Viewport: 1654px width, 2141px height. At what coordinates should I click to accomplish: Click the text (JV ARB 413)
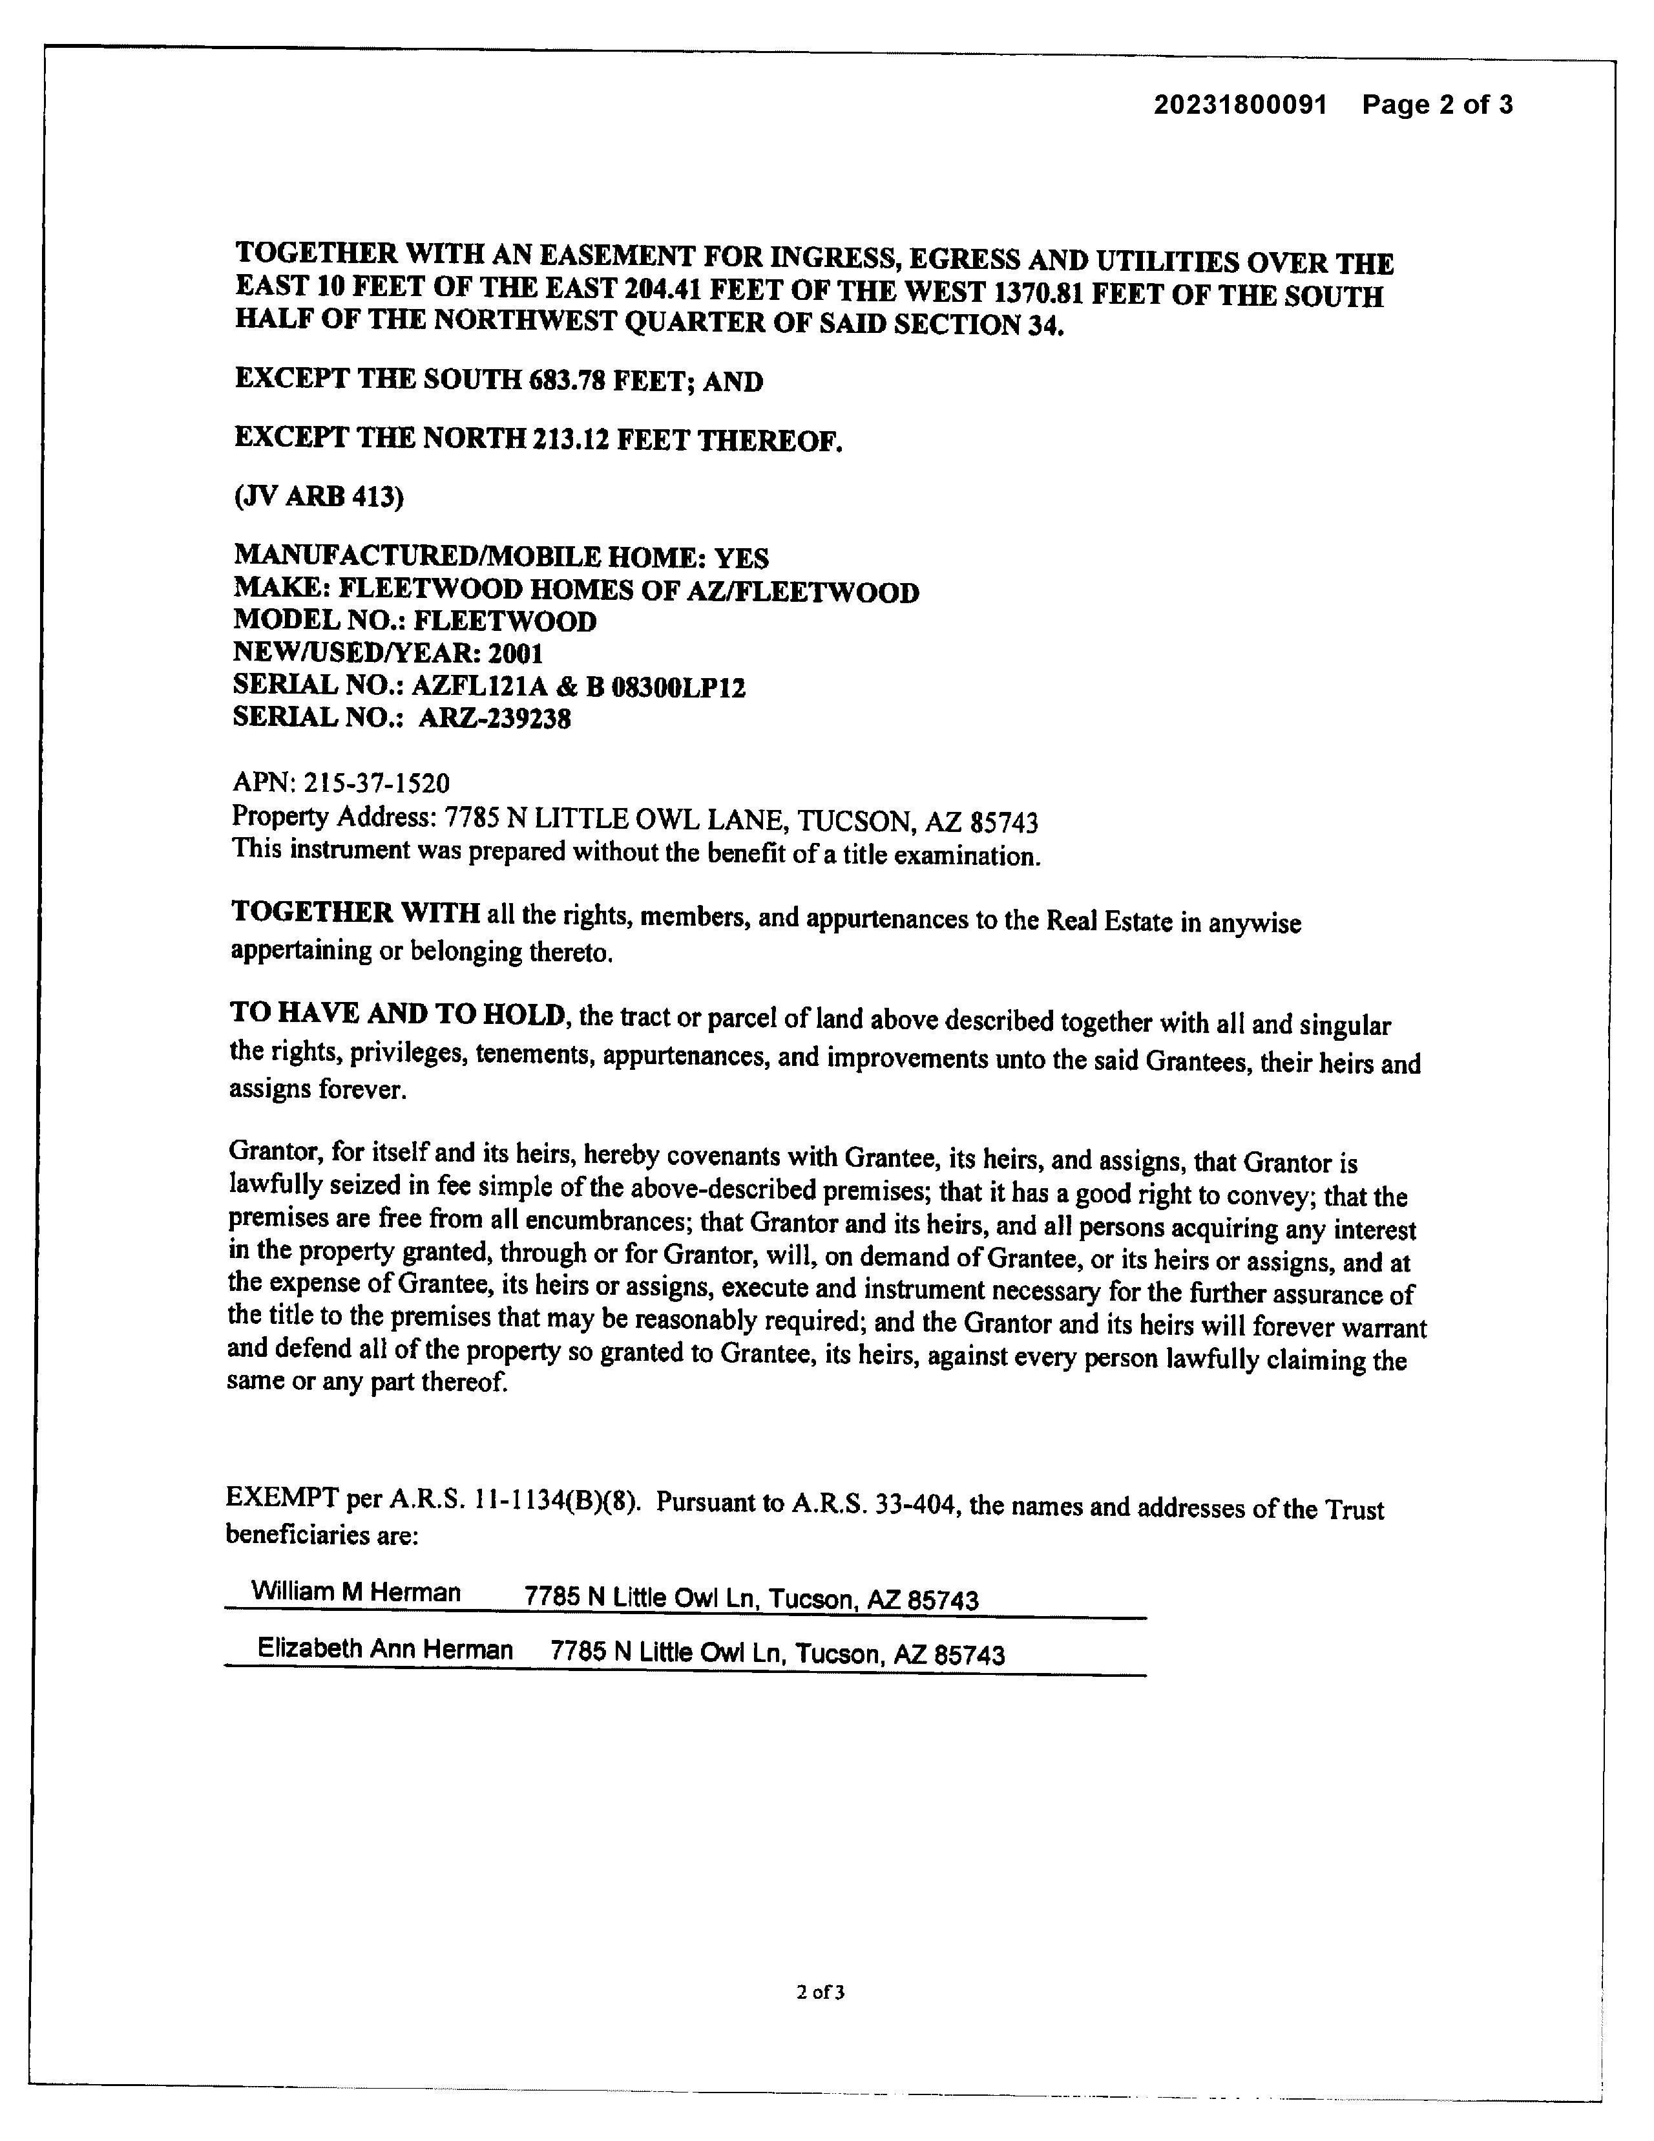click(x=319, y=497)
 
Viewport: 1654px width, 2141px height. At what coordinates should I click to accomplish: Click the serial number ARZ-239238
click(x=495, y=719)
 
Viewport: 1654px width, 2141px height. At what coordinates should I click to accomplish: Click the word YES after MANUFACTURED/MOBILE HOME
click(x=741, y=558)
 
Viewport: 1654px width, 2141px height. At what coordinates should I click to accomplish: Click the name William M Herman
click(x=356, y=1591)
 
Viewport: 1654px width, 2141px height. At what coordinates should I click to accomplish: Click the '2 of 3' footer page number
click(x=821, y=1991)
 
